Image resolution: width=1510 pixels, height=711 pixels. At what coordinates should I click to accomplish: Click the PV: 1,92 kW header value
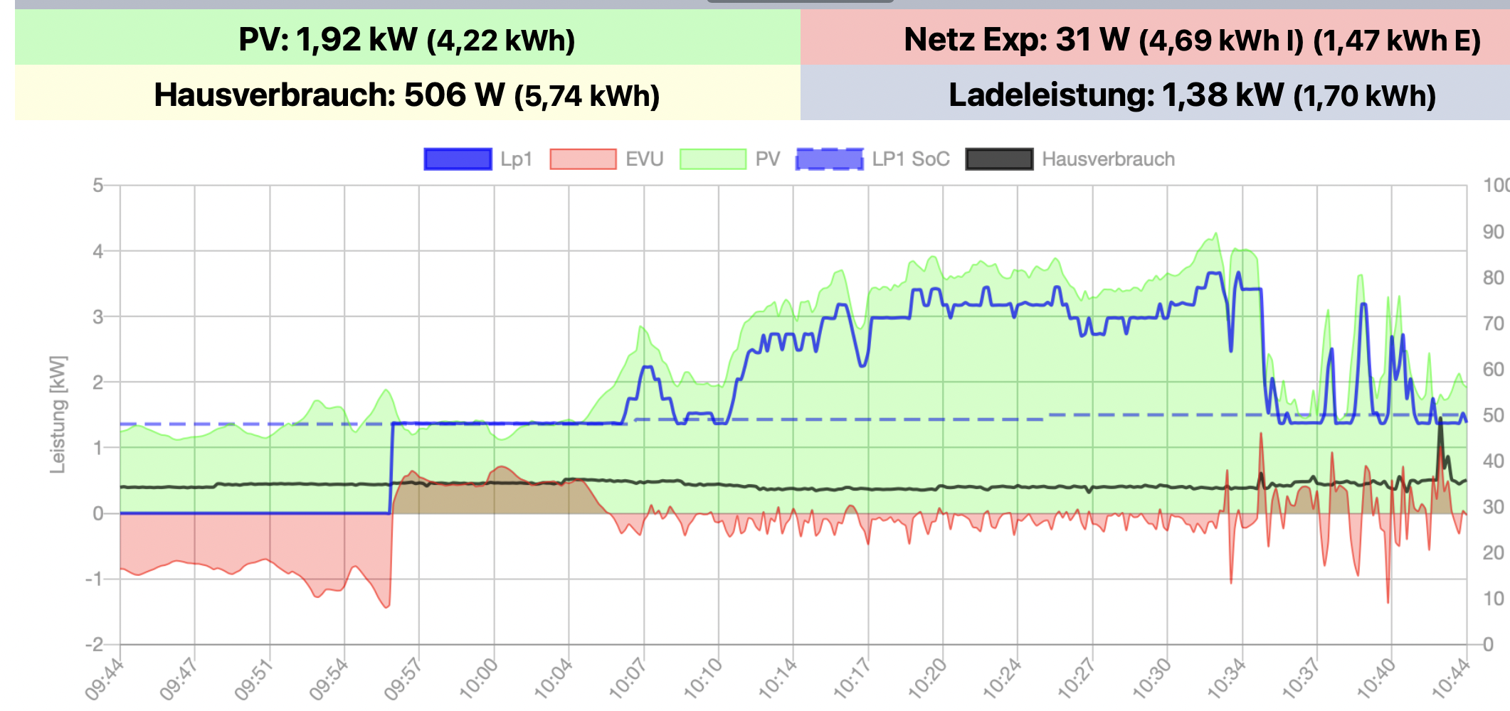(x=328, y=39)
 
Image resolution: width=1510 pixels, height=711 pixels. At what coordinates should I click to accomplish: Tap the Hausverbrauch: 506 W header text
(x=329, y=95)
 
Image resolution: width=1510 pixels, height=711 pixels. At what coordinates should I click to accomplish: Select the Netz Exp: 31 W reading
(x=1016, y=39)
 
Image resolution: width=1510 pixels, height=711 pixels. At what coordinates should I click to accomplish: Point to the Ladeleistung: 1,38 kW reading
(x=1116, y=95)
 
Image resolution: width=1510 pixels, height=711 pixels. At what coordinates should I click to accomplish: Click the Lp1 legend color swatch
(x=458, y=159)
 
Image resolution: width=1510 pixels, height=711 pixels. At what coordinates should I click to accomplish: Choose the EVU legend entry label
(x=644, y=159)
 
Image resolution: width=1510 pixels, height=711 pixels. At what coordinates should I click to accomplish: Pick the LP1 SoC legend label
(x=911, y=159)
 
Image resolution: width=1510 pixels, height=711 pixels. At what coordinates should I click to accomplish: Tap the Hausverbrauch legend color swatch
(x=999, y=159)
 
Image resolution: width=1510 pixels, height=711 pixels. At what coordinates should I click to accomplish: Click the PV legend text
(x=767, y=159)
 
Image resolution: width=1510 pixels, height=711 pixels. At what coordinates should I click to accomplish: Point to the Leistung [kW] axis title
(x=58, y=415)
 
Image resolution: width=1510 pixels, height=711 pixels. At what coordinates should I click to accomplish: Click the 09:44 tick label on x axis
(x=104, y=679)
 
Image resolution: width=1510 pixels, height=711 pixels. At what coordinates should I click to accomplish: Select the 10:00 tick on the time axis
(x=478, y=679)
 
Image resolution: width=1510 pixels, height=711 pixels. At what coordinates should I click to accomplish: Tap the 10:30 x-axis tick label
(x=1151, y=679)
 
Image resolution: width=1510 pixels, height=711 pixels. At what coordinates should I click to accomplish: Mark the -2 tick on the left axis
(x=95, y=645)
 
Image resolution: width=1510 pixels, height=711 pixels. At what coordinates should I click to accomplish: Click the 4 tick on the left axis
(x=98, y=251)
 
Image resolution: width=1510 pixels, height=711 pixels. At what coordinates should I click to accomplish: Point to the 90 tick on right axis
(x=1493, y=232)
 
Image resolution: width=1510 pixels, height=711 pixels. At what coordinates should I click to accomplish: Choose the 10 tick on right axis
(x=1493, y=599)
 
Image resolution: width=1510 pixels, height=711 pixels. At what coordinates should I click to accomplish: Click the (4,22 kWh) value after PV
(x=501, y=41)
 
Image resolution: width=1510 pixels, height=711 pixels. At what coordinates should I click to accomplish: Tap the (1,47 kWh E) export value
(x=1397, y=41)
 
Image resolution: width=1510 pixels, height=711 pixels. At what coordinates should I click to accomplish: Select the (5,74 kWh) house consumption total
(x=587, y=96)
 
